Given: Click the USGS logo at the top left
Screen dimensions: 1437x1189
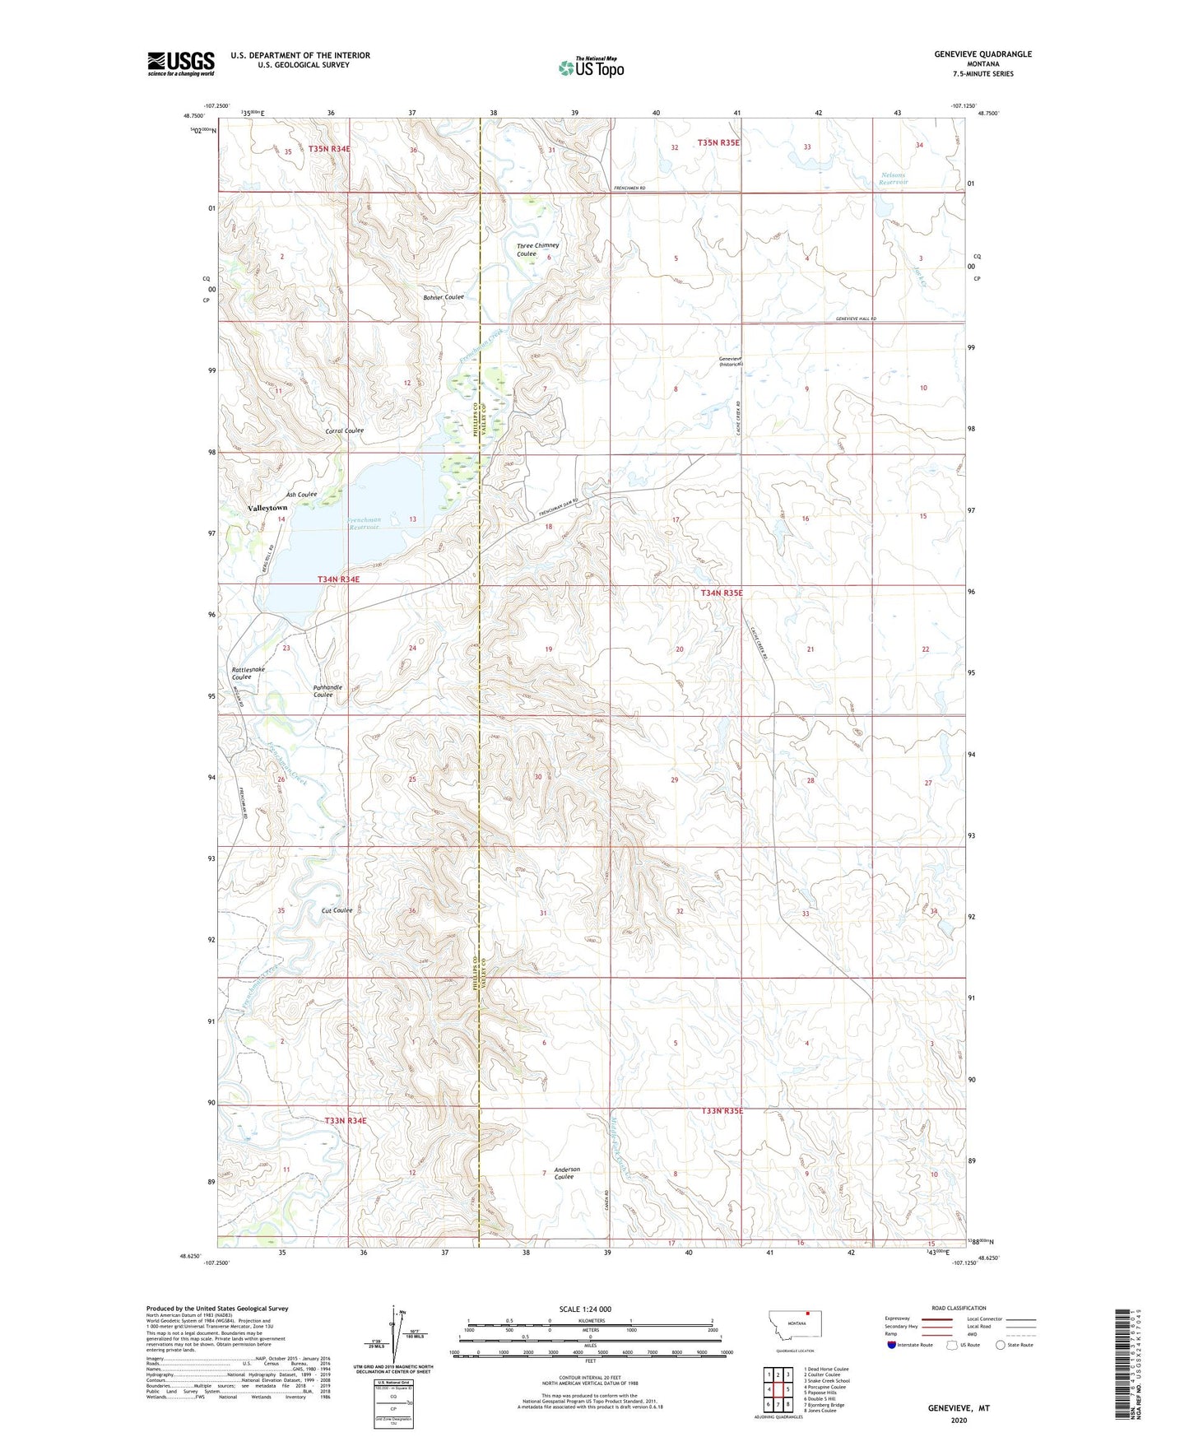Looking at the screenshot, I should pos(181,63).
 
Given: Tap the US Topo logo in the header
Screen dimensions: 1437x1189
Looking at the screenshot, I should pos(591,67).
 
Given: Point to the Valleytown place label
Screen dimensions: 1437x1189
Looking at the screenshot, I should pos(267,509).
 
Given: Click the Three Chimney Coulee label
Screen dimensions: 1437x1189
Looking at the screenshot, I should pos(536,249).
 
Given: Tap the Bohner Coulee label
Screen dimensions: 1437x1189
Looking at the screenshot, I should pos(444,297).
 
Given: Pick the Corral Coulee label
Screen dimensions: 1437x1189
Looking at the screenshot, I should pos(344,431).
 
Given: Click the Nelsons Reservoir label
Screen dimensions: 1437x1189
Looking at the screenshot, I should pos(894,179).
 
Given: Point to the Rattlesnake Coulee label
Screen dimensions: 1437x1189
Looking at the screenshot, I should pos(248,673).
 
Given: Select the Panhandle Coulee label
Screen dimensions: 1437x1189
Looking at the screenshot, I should pos(327,691).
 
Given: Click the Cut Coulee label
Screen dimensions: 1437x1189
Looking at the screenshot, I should pos(337,910).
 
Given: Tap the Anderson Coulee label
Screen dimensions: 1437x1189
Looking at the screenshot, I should pos(566,1173).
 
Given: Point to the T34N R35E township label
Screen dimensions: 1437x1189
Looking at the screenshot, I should pos(721,593).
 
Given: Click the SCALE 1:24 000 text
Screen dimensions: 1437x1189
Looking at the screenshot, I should pos(584,1309).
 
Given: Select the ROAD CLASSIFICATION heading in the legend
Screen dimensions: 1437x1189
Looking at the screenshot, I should pos(958,1308).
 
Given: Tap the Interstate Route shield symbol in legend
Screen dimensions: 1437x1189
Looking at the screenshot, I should pos(892,1345).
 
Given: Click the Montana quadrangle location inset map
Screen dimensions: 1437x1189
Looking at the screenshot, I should pos(795,1327).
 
